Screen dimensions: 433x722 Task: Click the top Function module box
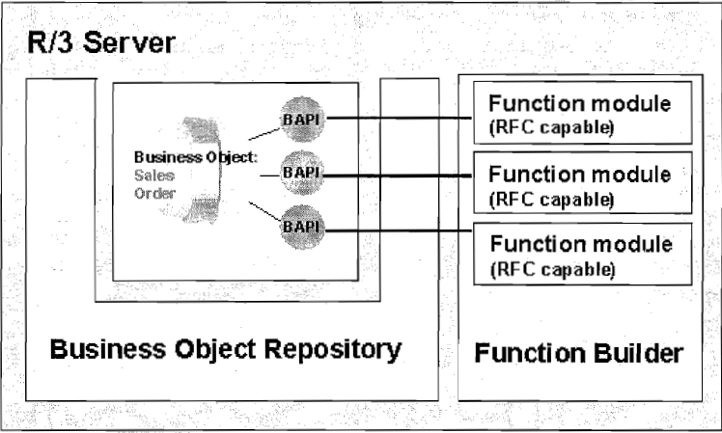(578, 116)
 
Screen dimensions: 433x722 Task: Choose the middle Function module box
(578, 184)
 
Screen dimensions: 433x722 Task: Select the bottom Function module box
(578, 253)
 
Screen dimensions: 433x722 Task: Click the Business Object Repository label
(225, 348)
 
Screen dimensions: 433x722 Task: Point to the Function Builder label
(579, 354)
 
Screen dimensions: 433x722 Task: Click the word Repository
(335, 348)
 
